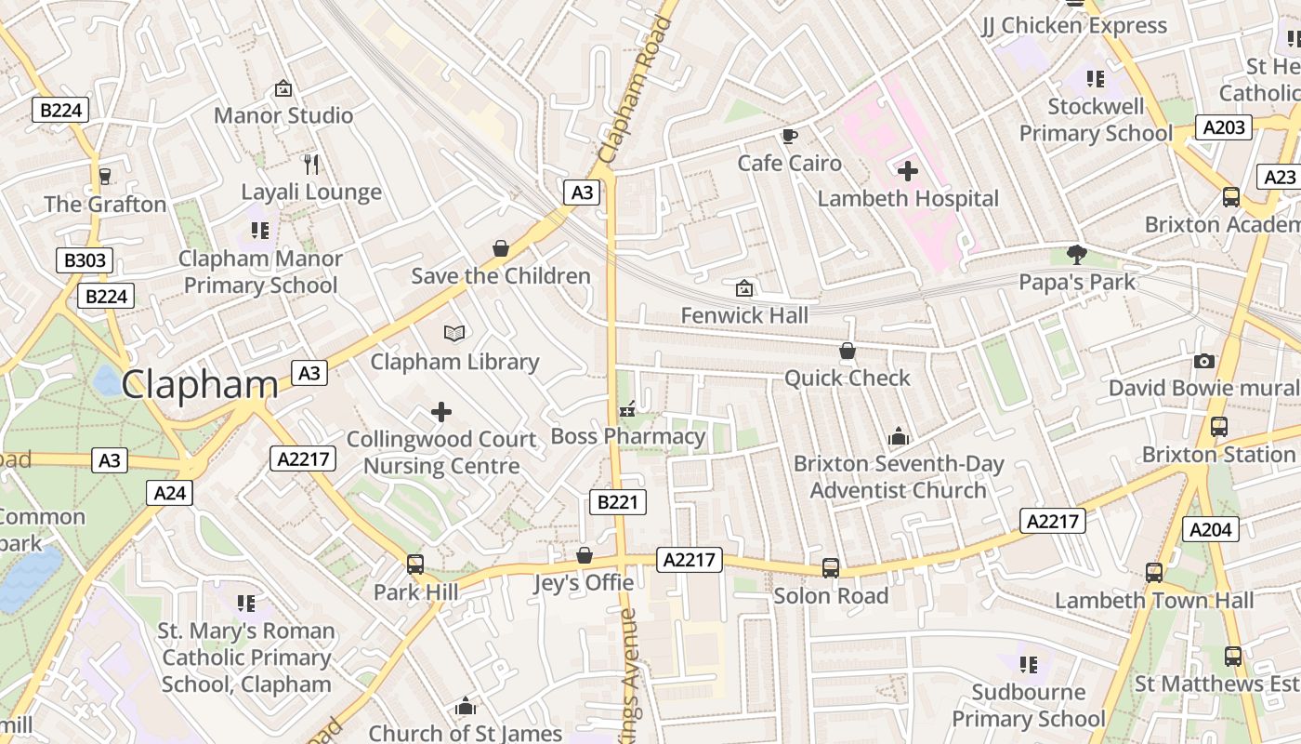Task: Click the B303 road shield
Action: pos(84,260)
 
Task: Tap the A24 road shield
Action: pos(169,492)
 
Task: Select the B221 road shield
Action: pos(617,502)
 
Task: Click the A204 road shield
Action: pos(1212,530)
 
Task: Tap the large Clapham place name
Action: pos(199,384)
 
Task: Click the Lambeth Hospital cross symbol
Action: pos(908,171)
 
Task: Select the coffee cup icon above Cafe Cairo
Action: pos(789,137)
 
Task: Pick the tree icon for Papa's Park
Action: pos(1077,254)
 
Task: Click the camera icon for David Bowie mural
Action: pos(1203,361)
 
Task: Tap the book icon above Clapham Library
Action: pos(454,333)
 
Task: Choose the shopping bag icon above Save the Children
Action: pos(501,248)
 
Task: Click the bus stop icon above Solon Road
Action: pos(831,567)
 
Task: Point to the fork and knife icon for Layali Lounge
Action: pos(311,165)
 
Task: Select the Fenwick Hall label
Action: pos(744,316)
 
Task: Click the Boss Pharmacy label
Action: pos(628,436)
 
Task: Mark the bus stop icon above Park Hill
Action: pos(415,564)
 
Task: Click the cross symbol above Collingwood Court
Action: pos(441,411)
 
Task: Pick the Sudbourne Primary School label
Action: pos(1029,705)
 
